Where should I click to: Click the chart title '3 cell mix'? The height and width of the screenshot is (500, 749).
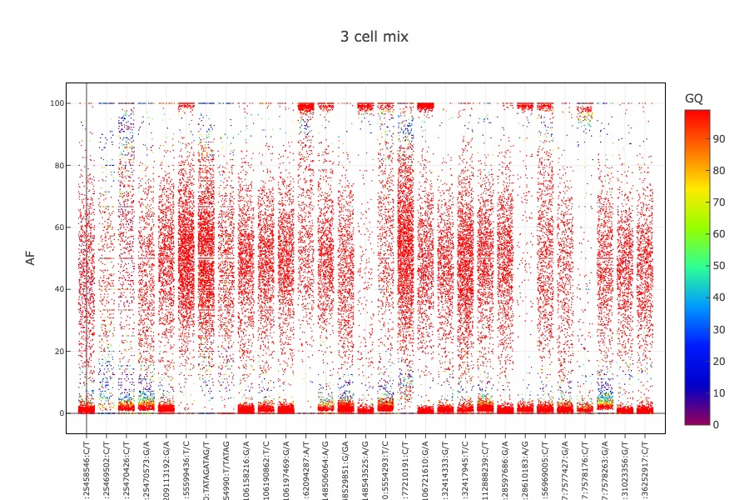[x=374, y=37]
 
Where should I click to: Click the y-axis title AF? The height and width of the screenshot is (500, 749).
[x=31, y=258]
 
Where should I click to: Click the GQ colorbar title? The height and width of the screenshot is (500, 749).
[x=693, y=98]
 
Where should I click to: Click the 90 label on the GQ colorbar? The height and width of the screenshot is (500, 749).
[x=719, y=139]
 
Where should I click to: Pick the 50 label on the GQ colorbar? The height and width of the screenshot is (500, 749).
[x=719, y=266]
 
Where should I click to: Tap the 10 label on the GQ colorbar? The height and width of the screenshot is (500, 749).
[x=719, y=392]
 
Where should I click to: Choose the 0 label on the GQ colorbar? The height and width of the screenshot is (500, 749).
[x=716, y=424]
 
